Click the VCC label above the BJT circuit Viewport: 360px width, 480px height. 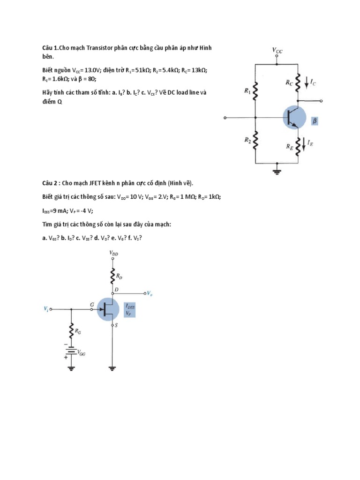pyautogui.click(x=277, y=49)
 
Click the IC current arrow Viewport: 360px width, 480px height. pyautogui.click(x=307, y=82)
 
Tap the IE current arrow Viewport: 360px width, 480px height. pyautogui.click(x=304, y=143)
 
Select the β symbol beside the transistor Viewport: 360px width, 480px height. pyautogui.click(x=315, y=121)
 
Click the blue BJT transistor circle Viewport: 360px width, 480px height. pyautogui.click(x=294, y=117)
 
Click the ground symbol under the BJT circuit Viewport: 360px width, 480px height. pyautogui.click(x=277, y=171)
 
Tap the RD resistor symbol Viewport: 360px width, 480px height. pyautogui.click(x=112, y=277)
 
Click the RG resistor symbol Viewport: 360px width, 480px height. pyautogui.click(x=71, y=332)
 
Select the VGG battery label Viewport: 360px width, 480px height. pyautogui.click(x=81, y=354)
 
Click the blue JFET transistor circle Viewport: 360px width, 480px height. pyautogui.click(x=108, y=309)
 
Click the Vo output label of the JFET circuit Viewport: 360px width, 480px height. pyautogui.click(x=149, y=293)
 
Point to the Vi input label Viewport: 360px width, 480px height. pyautogui.click(x=46, y=309)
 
